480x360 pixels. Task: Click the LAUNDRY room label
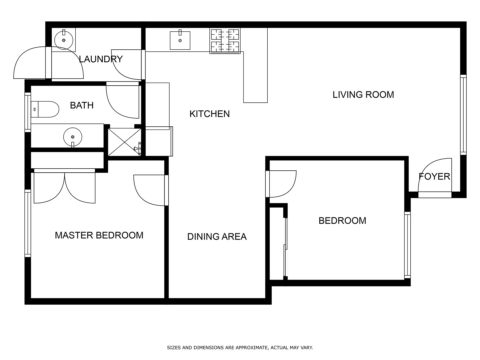[x=101, y=59]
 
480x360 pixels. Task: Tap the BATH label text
[x=82, y=105]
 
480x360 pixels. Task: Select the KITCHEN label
[x=209, y=114]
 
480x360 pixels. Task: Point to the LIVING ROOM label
[x=363, y=95]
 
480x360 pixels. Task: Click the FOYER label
[x=434, y=176]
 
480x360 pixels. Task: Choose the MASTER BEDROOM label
[x=99, y=235]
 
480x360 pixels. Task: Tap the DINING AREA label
[x=217, y=237]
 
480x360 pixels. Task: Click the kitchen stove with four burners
[x=225, y=41]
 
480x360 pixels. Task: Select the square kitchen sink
[x=180, y=40]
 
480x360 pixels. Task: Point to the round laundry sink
[x=63, y=39]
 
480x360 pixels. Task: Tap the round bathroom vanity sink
[x=73, y=137]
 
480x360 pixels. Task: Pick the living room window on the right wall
[x=463, y=115]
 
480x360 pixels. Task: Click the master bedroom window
[x=28, y=223]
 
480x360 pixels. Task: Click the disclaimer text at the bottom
[x=240, y=348]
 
